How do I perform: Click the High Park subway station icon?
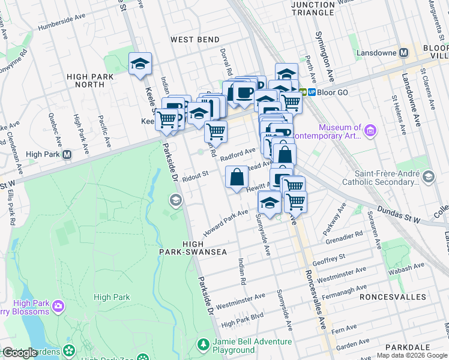pos(67,154)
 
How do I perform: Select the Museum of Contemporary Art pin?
pos(370,130)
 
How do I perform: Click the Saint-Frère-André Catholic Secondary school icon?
pos(428,176)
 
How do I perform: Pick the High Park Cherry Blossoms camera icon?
pos(58,307)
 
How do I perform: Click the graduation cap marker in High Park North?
pos(140,64)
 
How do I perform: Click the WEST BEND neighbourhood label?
pos(194,40)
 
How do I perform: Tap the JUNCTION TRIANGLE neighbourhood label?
pos(312,8)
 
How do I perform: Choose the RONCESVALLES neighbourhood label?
pos(388,297)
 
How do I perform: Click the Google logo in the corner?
pos(19,353)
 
